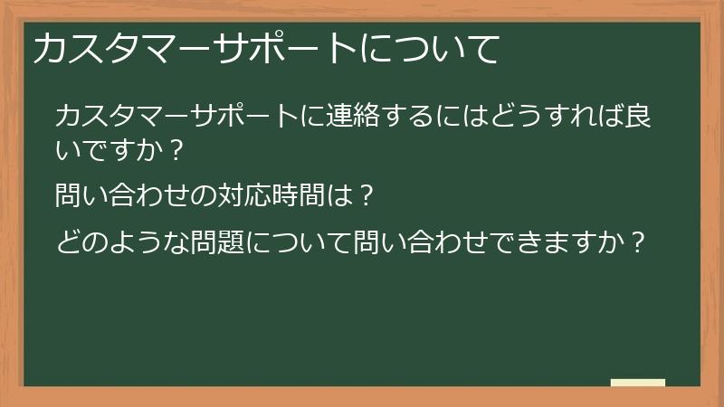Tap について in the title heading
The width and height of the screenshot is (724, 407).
[430, 50]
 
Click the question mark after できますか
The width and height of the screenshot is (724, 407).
[639, 242]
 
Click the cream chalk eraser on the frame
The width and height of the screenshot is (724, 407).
[638, 383]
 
